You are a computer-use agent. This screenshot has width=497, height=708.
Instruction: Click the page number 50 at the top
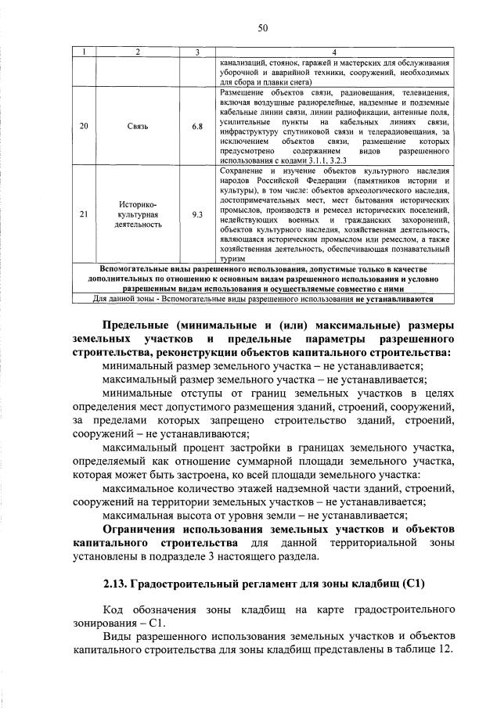263,29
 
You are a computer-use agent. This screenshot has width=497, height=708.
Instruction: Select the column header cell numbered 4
335,52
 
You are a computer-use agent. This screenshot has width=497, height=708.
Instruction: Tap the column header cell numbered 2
138,52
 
